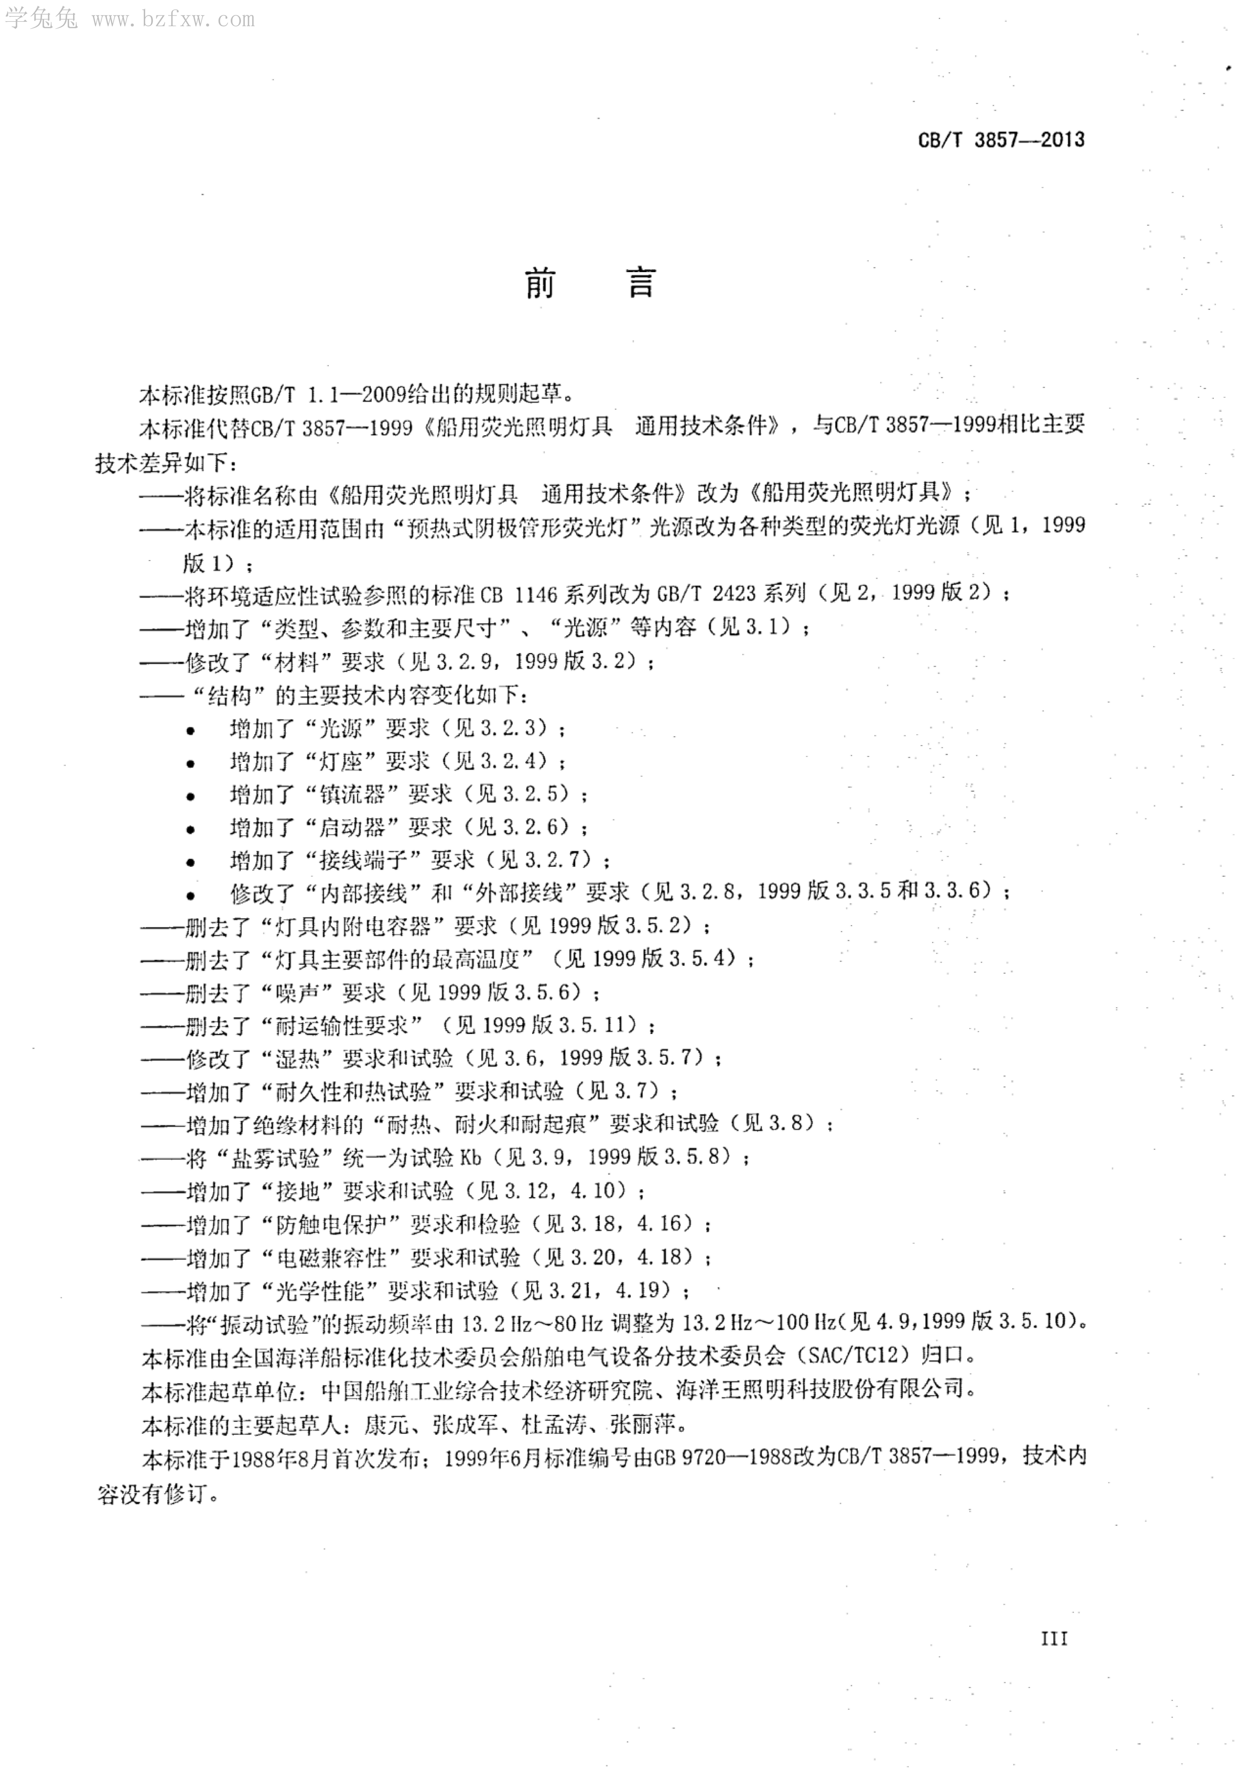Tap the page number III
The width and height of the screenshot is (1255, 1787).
pos(1054,1638)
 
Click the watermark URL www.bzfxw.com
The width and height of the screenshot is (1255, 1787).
pos(173,19)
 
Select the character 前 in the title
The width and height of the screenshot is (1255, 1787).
pos(540,283)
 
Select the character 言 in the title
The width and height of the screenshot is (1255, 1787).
pos(642,283)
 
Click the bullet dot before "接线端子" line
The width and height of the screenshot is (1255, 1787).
pos(191,862)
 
